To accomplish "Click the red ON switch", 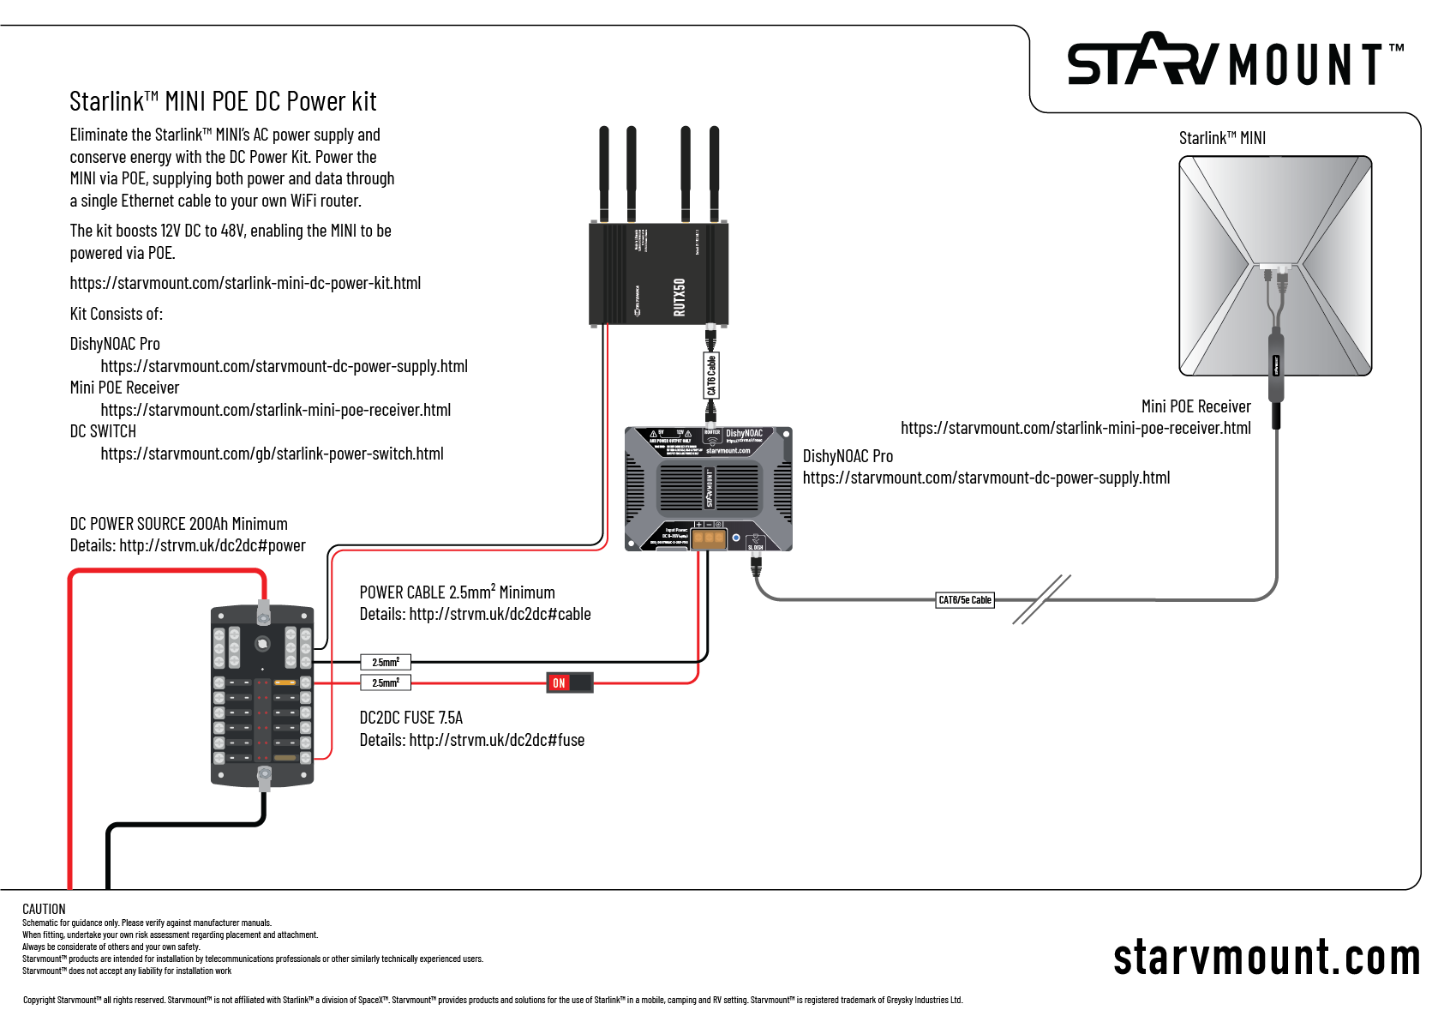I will (569, 682).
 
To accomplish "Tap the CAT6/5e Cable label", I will (964, 600).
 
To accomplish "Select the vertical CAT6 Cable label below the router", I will (711, 376).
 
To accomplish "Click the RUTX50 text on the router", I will (680, 297).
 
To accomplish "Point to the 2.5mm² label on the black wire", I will (386, 662).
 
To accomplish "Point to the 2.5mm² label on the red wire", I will (386, 682).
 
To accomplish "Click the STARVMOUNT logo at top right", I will (1233, 62).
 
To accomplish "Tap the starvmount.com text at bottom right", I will (1266, 958).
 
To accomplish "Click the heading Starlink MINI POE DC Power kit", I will (223, 102).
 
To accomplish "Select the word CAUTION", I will (44, 909).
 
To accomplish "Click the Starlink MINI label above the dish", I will (1222, 138).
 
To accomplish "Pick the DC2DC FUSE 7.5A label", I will (410, 718).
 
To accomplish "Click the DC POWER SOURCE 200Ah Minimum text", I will (178, 524).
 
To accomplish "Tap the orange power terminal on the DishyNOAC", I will (709, 538).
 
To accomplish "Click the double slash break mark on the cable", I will (1041, 599).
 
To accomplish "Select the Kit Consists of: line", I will (116, 314).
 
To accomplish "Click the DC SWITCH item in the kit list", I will (103, 431).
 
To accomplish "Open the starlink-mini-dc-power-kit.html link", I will (245, 283).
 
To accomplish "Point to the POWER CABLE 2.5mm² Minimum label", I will (457, 592).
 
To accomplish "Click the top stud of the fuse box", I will (264, 612).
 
